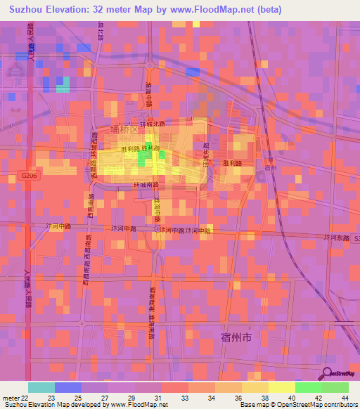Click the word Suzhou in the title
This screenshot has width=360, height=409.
click(x=27, y=10)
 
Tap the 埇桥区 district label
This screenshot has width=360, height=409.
click(x=124, y=129)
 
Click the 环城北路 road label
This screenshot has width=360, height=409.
click(x=151, y=123)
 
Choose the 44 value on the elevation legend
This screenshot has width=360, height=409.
click(x=345, y=397)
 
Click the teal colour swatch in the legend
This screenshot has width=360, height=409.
click(x=41, y=387)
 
